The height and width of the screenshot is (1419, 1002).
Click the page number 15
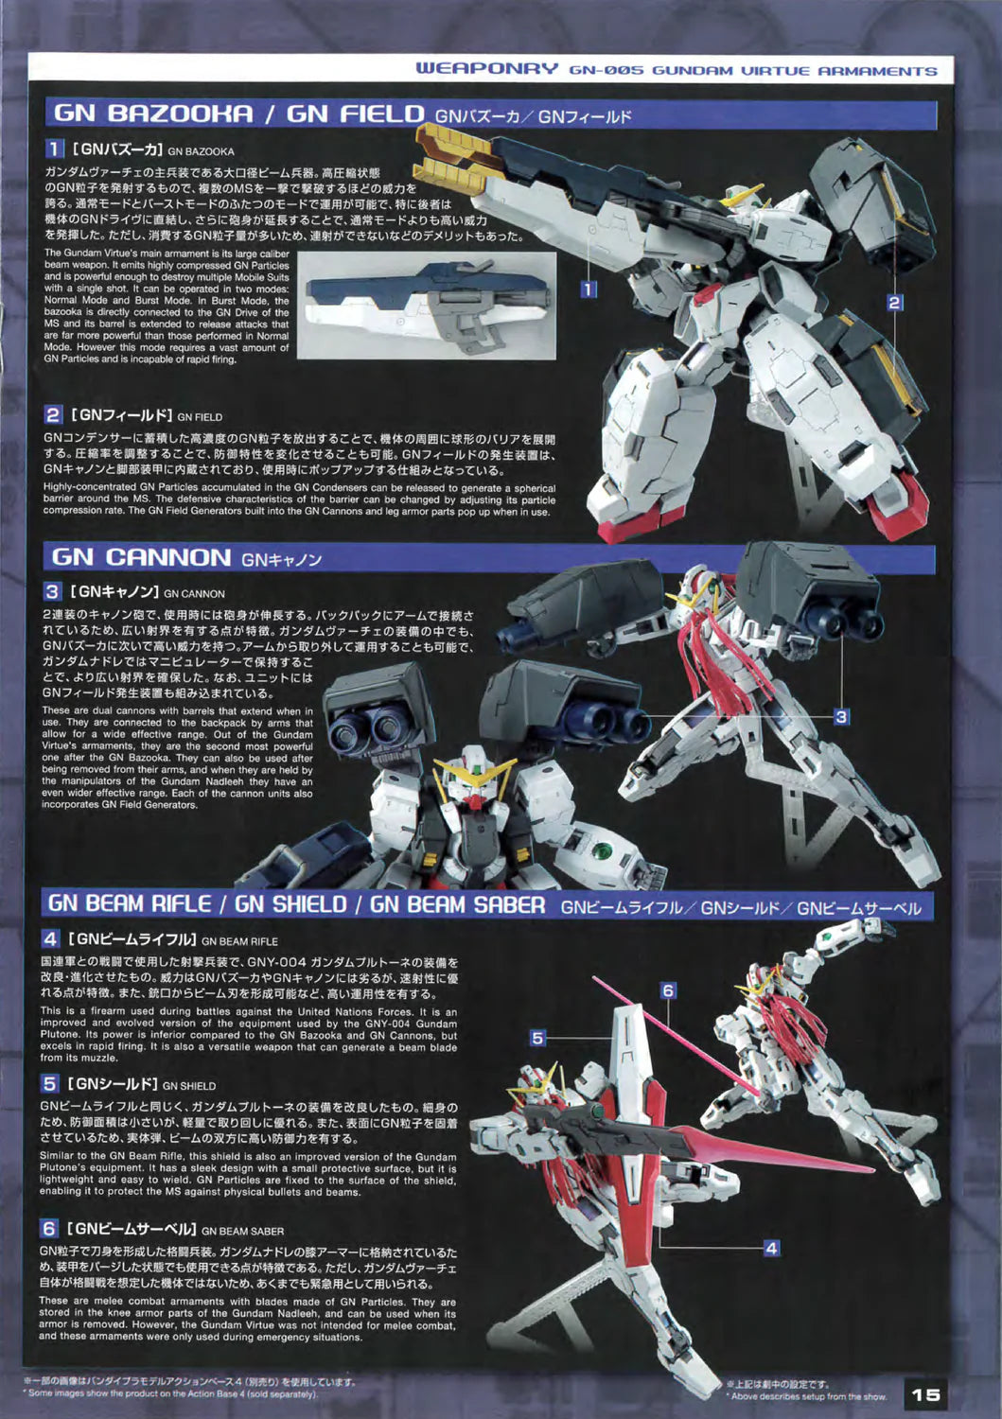926,1393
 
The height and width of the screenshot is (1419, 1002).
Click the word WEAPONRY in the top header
486,69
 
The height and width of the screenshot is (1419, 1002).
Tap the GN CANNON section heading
141,557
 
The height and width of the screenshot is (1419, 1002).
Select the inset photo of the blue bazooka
427,306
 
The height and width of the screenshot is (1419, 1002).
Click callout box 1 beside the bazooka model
589,289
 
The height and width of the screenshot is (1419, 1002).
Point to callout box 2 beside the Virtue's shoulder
893,303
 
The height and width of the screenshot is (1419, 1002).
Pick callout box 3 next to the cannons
840,717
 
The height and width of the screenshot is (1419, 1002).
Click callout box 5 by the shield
537,1039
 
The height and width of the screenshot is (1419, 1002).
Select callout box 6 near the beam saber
668,990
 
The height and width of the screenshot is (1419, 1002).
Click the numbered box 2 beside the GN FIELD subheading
53,415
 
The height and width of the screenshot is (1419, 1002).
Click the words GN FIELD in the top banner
356,114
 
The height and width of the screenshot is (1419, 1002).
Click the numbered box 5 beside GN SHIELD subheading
50,1084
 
